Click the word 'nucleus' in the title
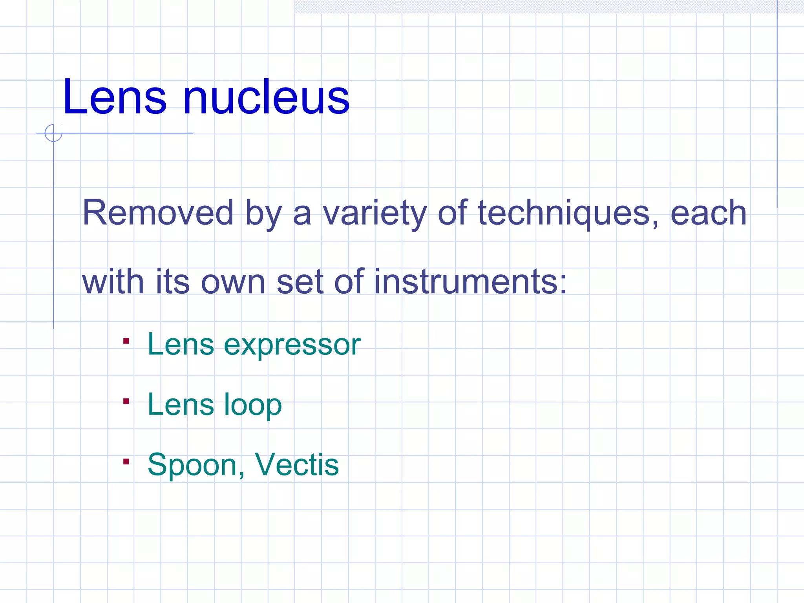pyautogui.click(x=266, y=97)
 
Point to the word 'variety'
pyautogui.click(x=375, y=213)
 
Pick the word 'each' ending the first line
pyautogui.click(x=708, y=213)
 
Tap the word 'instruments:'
pyautogui.click(x=470, y=281)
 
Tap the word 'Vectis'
pyautogui.click(x=296, y=465)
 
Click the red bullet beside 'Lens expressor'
pyautogui.click(x=126, y=341)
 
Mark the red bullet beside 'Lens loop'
pyautogui.click(x=126, y=401)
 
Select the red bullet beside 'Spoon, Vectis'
pyautogui.click(x=126, y=462)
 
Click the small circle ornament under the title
pyautogui.click(x=53, y=133)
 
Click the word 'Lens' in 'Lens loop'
pyautogui.click(x=181, y=404)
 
